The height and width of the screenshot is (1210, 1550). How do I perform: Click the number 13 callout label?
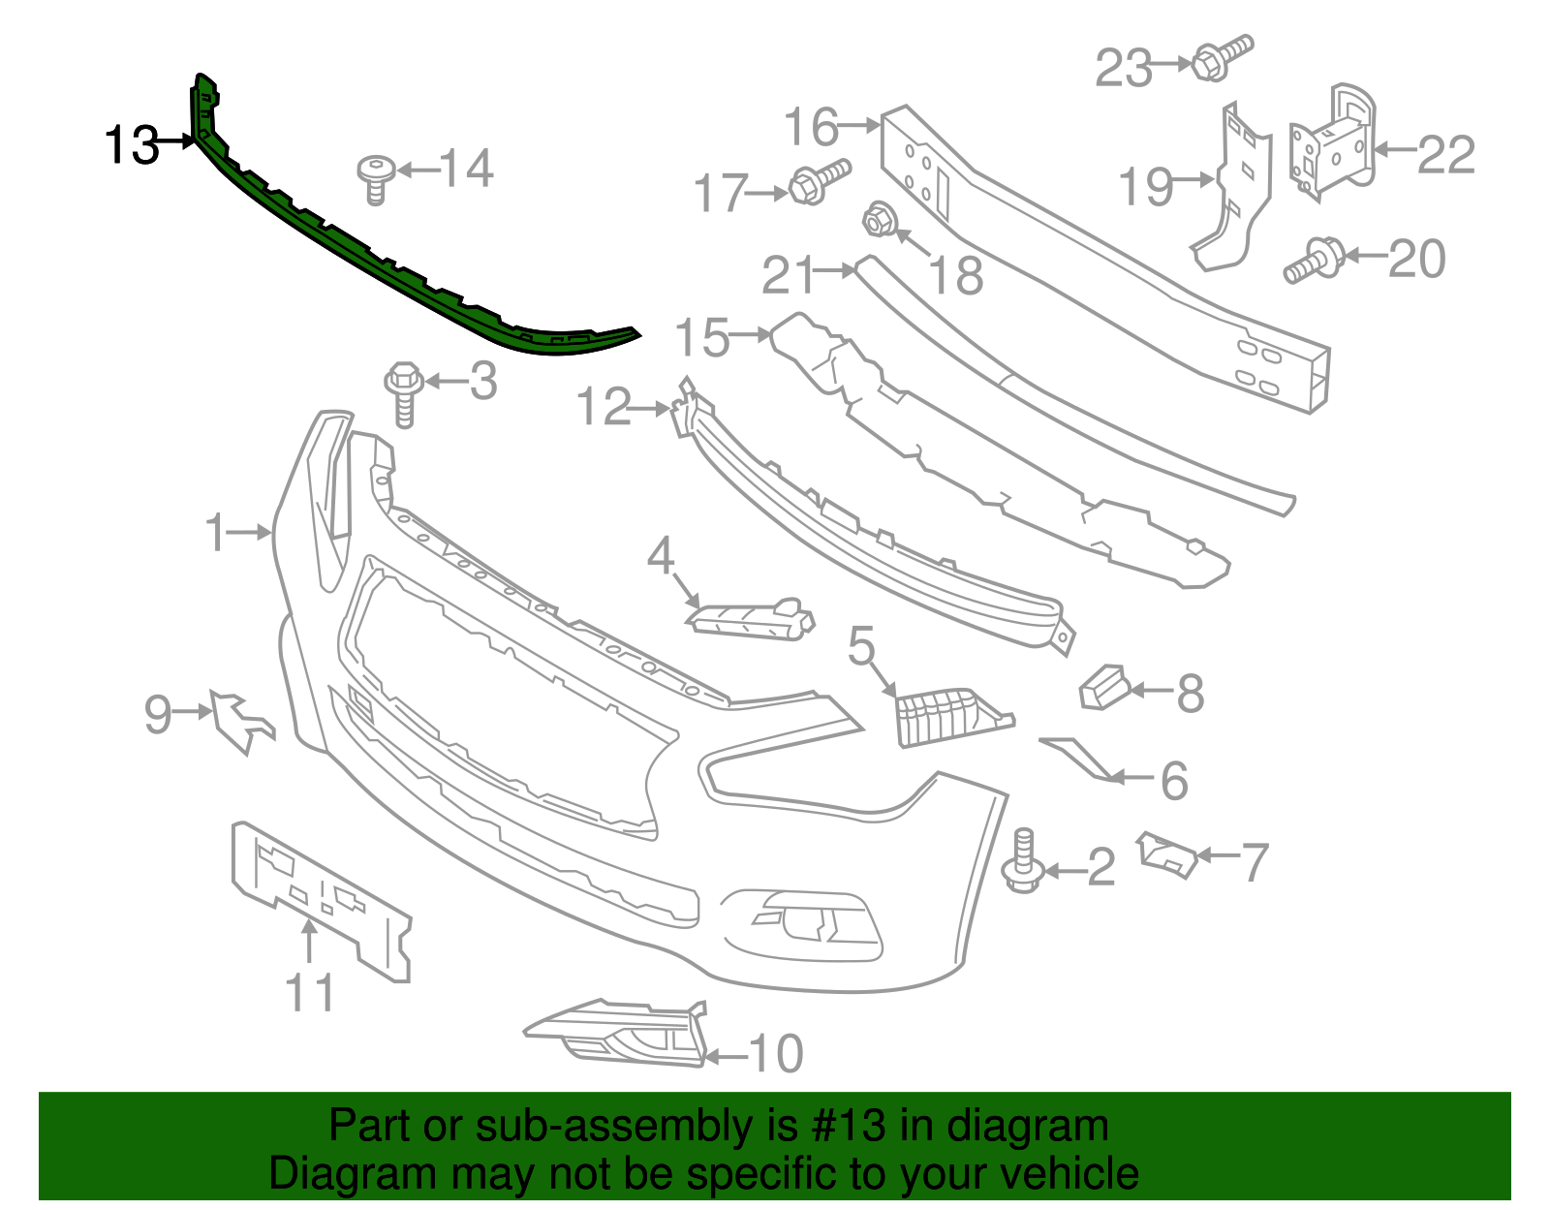[x=131, y=144]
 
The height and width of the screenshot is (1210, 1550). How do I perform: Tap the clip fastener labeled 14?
[x=376, y=179]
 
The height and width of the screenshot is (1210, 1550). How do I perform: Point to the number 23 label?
[x=1123, y=68]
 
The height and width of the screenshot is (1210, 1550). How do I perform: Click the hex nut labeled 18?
[x=878, y=221]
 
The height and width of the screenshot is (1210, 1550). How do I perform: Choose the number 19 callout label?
[x=1146, y=186]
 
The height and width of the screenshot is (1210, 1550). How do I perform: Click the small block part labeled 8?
[x=1104, y=687]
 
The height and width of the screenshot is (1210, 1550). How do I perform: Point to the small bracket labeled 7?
[x=1168, y=853]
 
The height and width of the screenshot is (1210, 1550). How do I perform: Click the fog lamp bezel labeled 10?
[x=620, y=1034]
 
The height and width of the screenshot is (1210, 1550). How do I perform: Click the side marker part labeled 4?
[x=750, y=618]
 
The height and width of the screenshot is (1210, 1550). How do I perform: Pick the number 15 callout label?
[x=702, y=337]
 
